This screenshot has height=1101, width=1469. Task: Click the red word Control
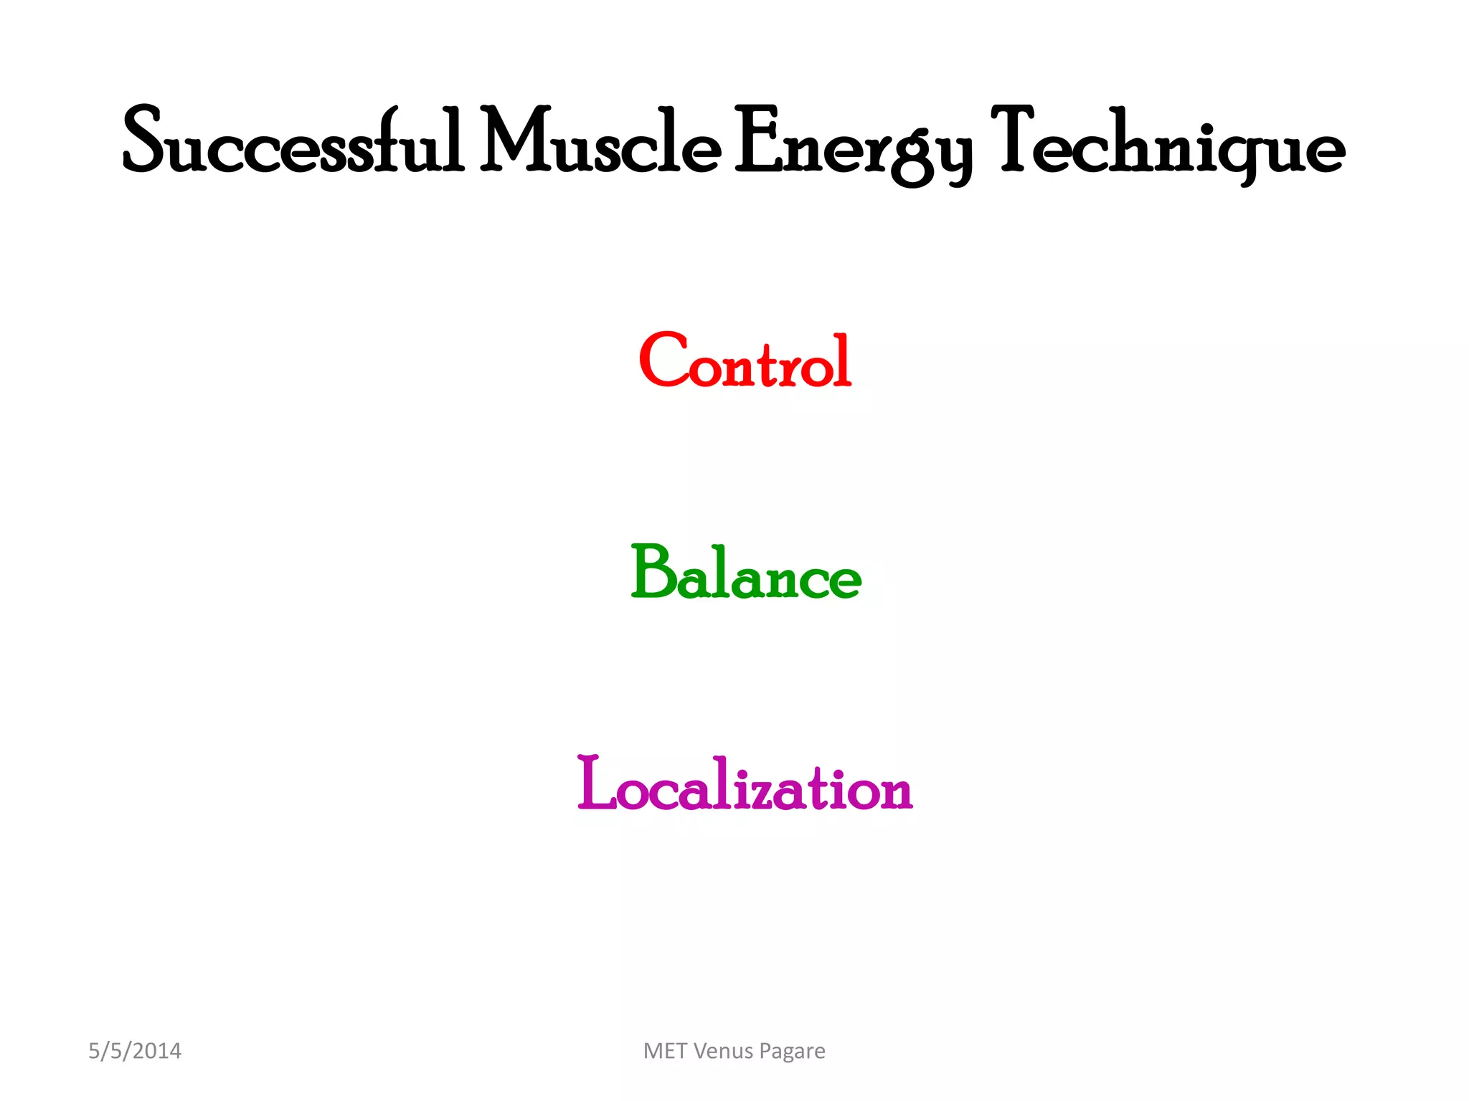[745, 362]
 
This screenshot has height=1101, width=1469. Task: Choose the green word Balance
[746, 573]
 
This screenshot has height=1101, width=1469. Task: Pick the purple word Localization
[745, 785]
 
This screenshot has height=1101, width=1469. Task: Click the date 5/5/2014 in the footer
[135, 1051]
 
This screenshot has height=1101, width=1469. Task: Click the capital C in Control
[663, 360]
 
